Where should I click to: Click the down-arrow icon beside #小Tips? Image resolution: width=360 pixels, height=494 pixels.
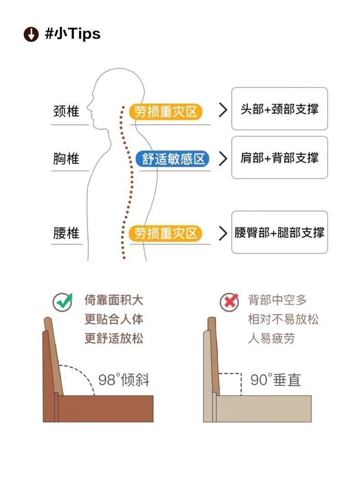click(x=31, y=34)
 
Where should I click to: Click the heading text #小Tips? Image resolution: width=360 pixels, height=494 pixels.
click(x=72, y=34)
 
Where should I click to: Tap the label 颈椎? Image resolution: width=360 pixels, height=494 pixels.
click(x=66, y=111)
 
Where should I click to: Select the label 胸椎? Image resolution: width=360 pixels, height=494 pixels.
click(x=66, y=158)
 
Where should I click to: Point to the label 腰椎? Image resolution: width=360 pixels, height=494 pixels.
click(x=66, y=234)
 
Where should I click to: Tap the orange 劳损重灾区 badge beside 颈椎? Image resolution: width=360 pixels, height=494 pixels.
click(x=165, y=112)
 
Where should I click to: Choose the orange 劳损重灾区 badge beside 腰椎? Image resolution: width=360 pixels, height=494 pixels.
click(x=165, y=234)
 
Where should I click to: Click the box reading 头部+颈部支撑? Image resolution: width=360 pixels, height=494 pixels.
click(x=279, y=109)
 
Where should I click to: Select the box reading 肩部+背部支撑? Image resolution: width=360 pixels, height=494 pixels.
click(x=279, y=158)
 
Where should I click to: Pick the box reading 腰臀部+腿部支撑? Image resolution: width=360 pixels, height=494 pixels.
click(x=279, y=232)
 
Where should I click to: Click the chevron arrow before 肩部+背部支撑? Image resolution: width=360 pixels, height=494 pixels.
click(x=223, y=158)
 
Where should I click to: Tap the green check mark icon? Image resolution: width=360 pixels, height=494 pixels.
click(x=62, y=301)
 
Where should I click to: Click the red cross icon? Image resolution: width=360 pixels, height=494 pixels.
click(x=229, y=301)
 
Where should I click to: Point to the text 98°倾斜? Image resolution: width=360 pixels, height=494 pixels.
click(x=123, y=380)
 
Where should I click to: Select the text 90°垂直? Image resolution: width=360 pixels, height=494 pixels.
click(x=276, y=380)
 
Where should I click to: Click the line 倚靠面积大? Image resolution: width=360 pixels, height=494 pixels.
click(x=114, y=300)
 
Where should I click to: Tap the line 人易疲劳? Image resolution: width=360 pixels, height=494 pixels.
click(x=271, y=338)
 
